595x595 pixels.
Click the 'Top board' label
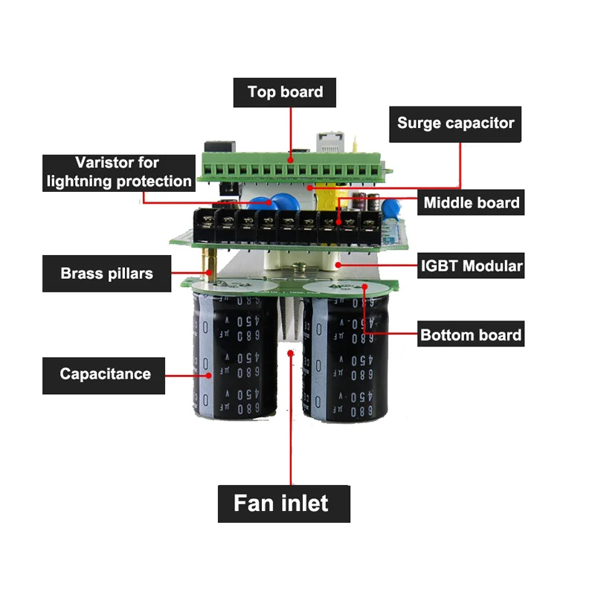pyautogui.click(x=285, y=92)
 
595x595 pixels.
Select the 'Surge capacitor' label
pyautogui.click(x=455, y=123)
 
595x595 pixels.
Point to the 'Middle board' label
pyautogui.click(x=471, y=202)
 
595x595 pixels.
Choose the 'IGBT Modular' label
pyautogui.click(x=472, y=266)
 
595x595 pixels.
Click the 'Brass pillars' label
pyautogui.click(x=106, y=273)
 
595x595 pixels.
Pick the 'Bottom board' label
pyautogui.click(x=471, y=335)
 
